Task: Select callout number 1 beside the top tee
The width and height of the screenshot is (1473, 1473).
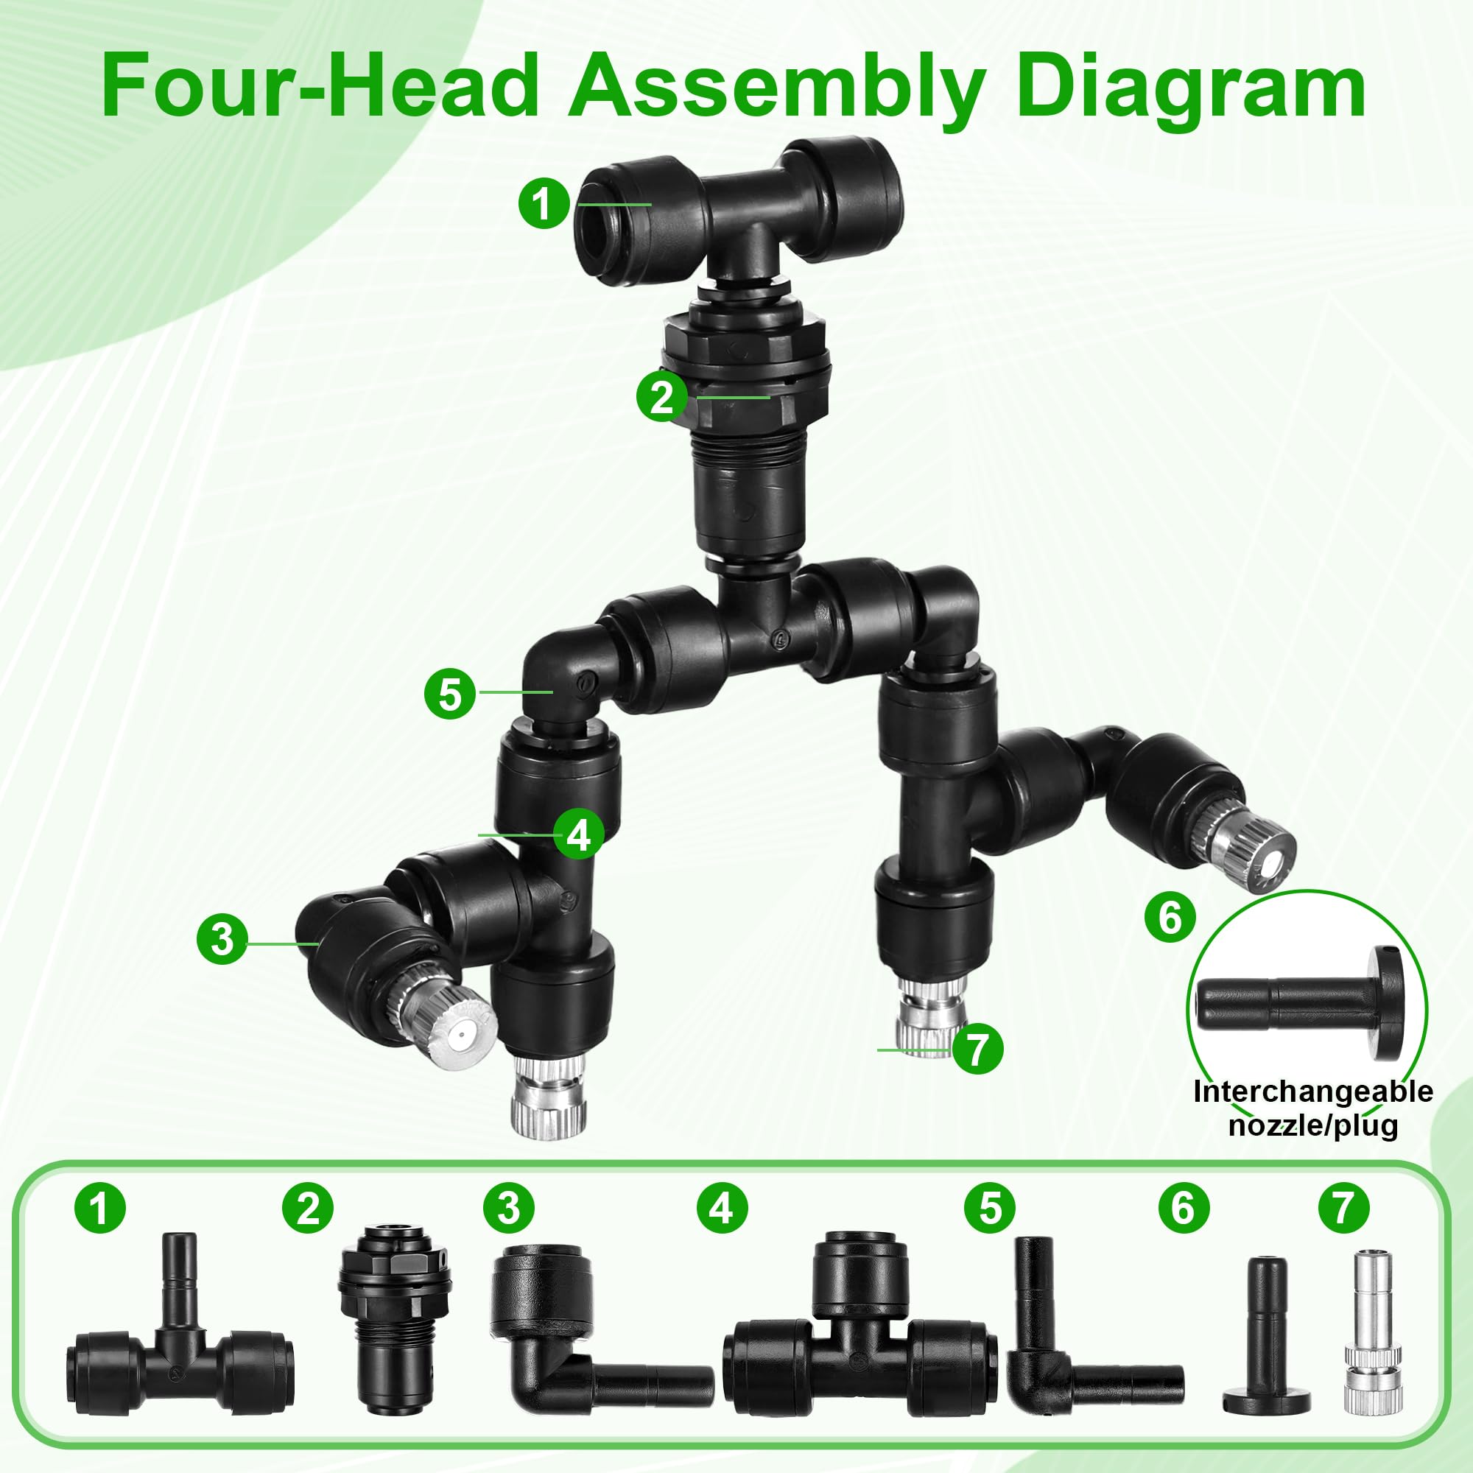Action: point(544,203)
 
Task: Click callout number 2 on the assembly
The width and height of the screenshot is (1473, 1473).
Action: point(662,396)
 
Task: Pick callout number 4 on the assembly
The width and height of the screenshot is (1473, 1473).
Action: point(579,834)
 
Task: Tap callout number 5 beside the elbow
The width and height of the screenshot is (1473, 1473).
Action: point(450,694)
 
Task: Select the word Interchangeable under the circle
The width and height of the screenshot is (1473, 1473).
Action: point(1312,1091)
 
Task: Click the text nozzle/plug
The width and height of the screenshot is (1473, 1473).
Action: point(1313,1125)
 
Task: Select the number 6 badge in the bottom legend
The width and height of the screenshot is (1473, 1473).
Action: point(1184,1207)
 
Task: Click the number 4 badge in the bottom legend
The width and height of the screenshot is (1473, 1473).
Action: point(722,1207)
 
